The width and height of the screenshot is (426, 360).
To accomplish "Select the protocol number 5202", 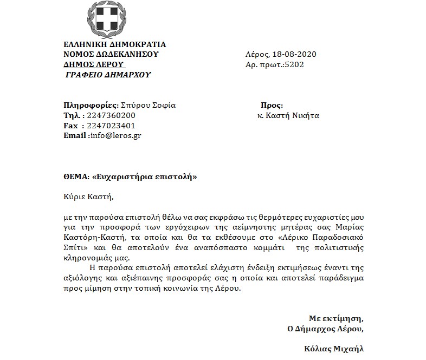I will pyautogui.click(x=294, y=64).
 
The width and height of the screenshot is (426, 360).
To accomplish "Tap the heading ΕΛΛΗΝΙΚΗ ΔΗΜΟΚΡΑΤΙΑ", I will pyautogui.click(x=115, y=44).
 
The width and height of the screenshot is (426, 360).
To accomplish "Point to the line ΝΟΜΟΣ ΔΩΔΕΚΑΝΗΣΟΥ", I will pyautogui.click(x=111, y=54).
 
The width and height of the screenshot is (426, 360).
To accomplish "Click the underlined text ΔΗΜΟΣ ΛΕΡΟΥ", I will pyautogui.click(x=94, y=64).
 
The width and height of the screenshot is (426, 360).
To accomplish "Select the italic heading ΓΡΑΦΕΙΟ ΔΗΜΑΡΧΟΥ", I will pyautogui.click(x=108, y=75).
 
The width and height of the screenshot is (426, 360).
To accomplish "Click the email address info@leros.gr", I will pyautogui.click(x=115, y=135).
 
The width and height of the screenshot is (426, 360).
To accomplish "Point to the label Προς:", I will pyautogui.click(x=272, y=106).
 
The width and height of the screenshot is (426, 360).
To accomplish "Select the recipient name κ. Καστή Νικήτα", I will pyautogui.click(x=288, y=115).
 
